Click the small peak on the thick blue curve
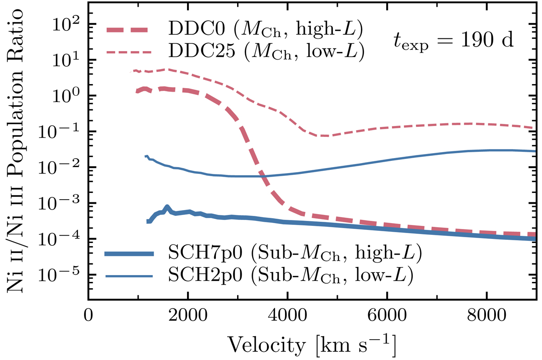point(167,207)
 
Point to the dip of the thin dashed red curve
point(323,136)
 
